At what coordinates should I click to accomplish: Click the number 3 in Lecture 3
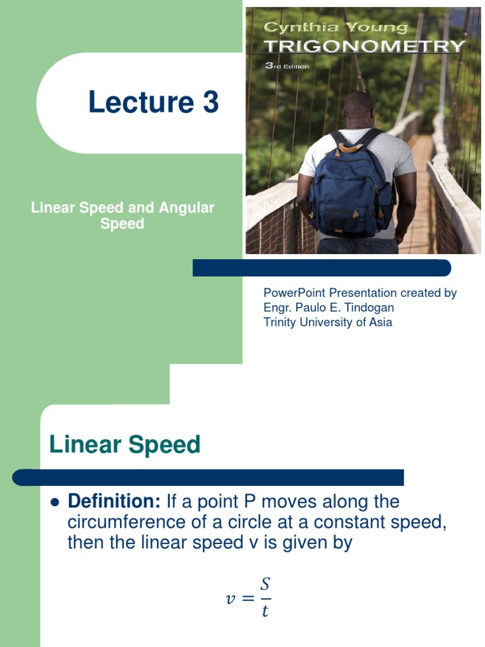coord(210,102)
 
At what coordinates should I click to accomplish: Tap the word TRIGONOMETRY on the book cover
coord(364,46)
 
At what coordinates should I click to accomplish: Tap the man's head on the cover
coord(359,109)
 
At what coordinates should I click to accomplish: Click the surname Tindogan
coord(369,308)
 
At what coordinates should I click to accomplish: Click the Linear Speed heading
coord(124,445)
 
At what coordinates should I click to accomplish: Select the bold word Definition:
coord(114,502)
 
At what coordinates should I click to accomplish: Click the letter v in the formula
coord(231,598)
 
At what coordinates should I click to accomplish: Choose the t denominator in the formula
coord(265,612)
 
